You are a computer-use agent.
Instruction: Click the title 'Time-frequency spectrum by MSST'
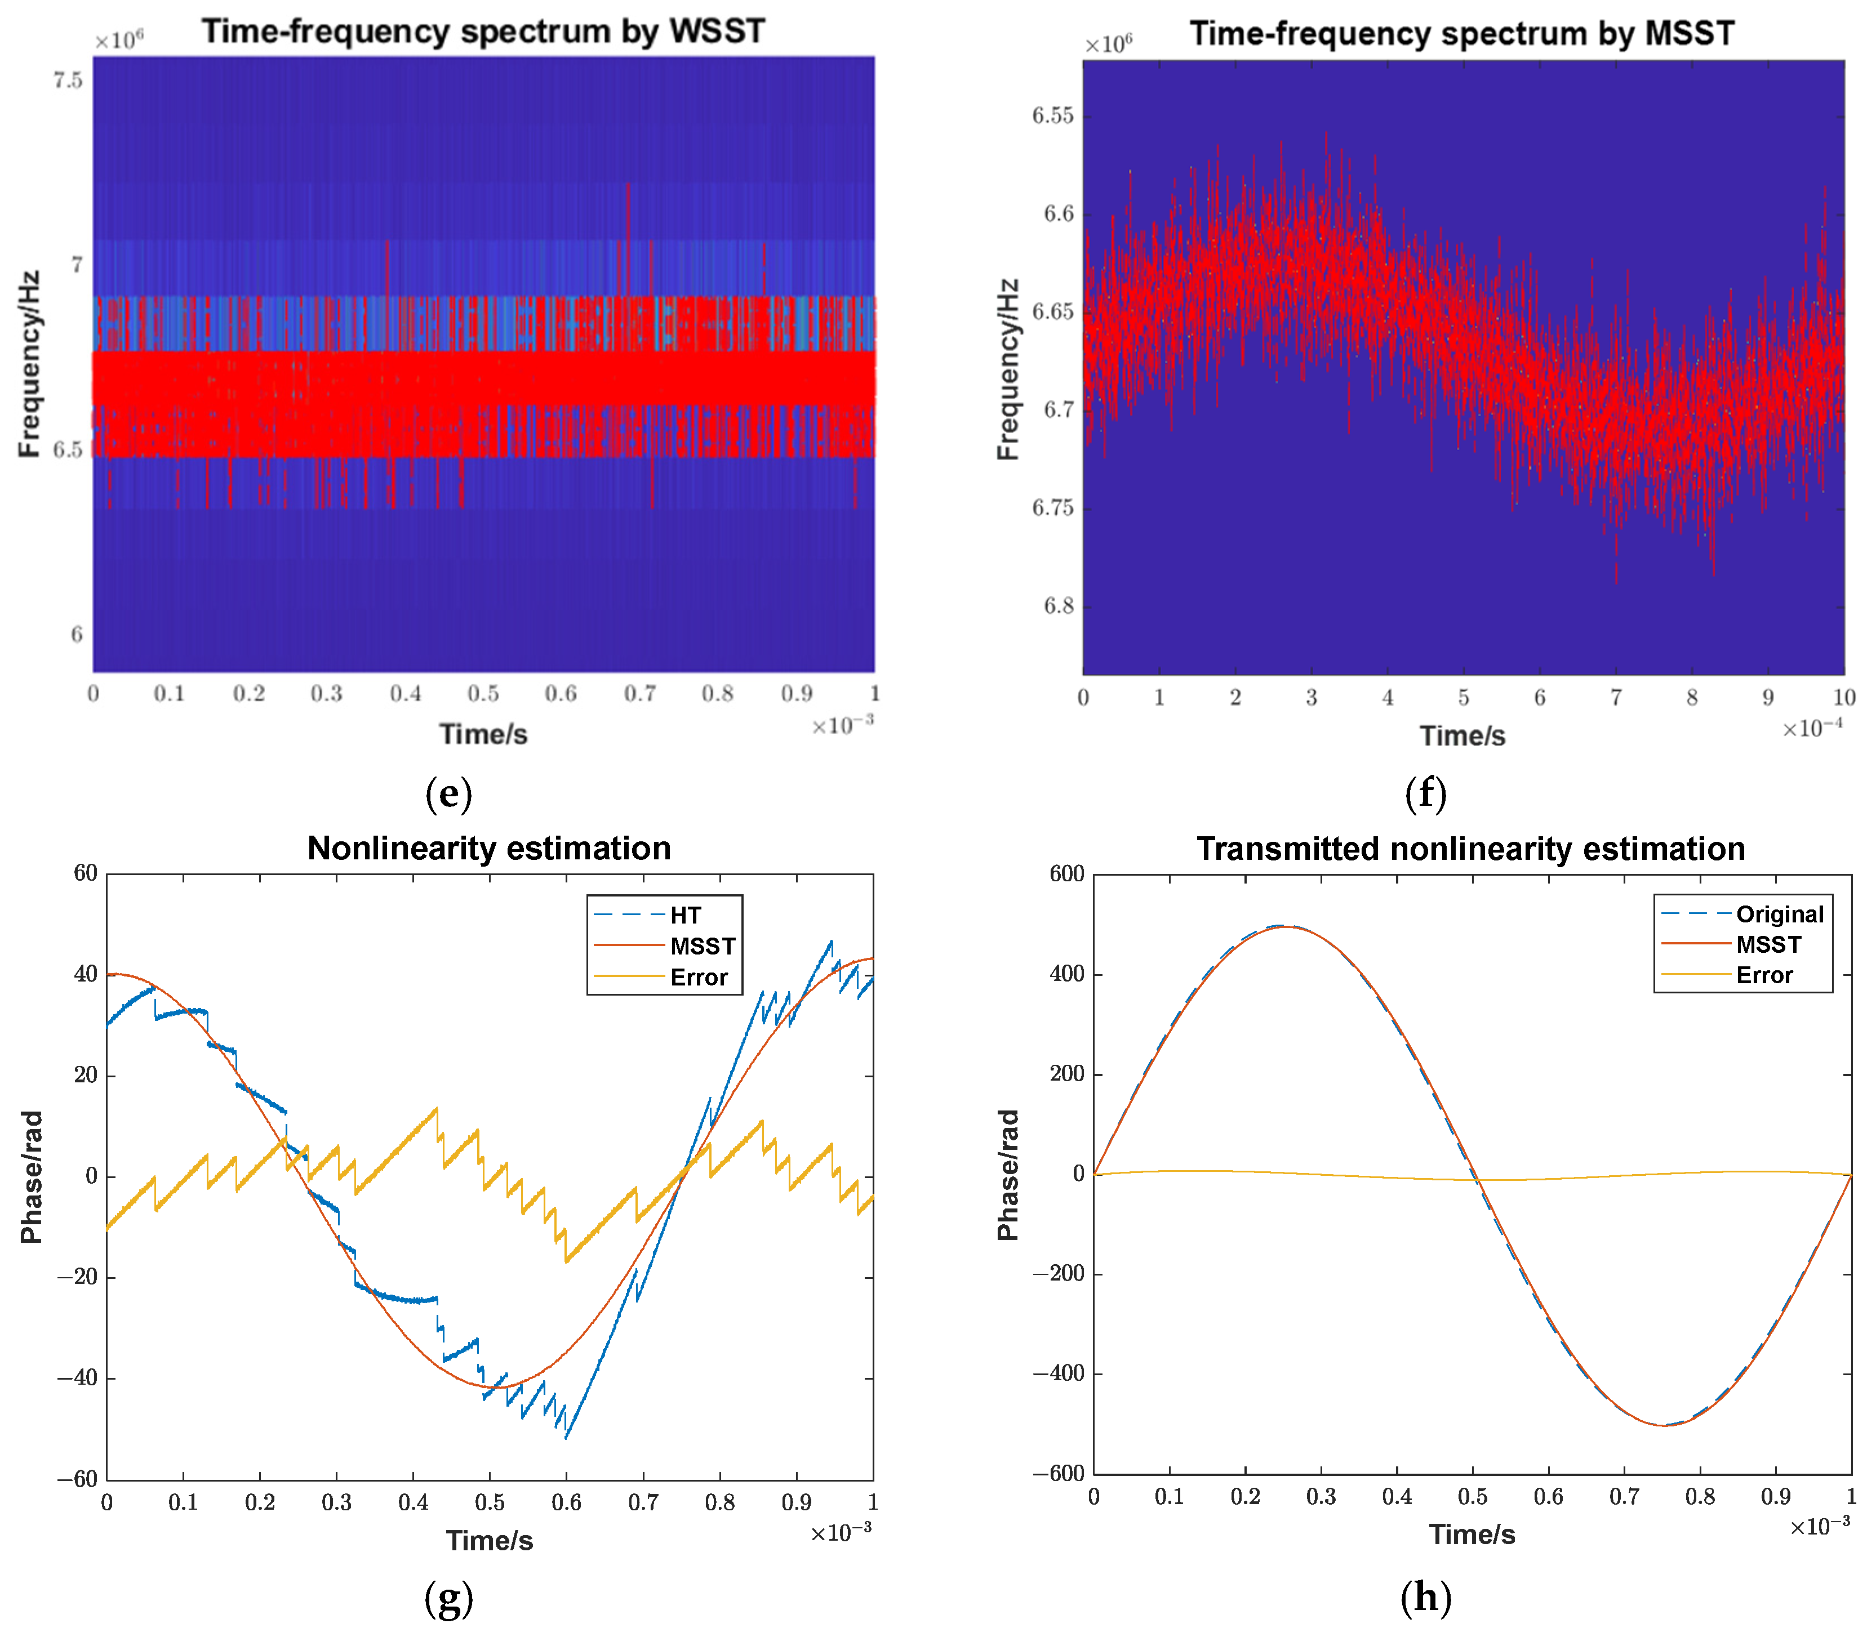point(1461,34)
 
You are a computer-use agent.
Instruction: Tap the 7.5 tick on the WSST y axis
point(68,81)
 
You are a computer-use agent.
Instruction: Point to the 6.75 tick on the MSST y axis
point(1053,508)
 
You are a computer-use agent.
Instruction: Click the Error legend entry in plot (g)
point(698,978)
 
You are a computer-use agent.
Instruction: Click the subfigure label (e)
point(448,794)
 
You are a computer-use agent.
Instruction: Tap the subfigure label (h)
point(1425,1597)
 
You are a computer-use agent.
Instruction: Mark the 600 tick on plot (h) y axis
point(1066,873)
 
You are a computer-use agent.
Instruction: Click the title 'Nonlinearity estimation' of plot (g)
point(489,849)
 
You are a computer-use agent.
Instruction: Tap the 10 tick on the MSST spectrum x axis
point(1844,698)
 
